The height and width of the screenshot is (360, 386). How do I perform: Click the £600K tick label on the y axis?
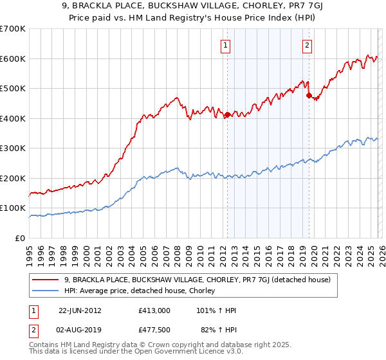pyautogui.click(x=12, y=59)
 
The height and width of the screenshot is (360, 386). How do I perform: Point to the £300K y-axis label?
pyautogui.click(x=12, y=148)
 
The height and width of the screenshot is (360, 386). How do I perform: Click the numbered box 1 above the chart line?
pyautogui.click(x=226, y=45)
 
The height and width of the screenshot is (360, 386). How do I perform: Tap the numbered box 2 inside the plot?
pyautogui.click(x=308, y=45)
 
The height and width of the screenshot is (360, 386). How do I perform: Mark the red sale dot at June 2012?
pyautogui.click(x=227, y=115)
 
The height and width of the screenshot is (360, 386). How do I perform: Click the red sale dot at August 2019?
pyautogui.click(x=308, y=96)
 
